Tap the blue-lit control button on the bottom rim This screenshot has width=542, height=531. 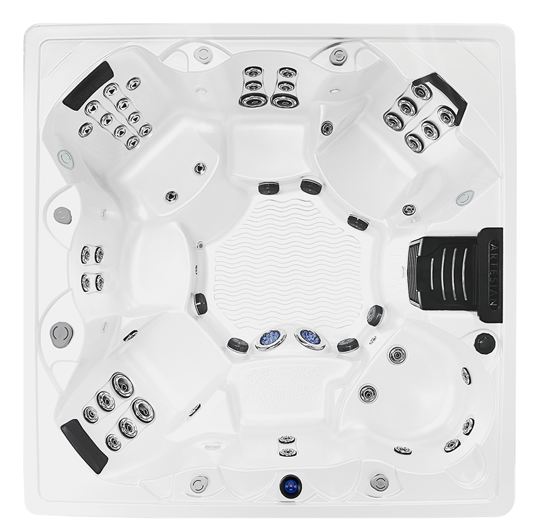pos(291,486)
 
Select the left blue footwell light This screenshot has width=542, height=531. pos(270,339)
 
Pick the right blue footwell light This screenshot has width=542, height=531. pos(310,339)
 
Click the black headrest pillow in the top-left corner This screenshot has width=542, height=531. pos(89,85)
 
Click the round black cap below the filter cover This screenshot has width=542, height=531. pos(485,343)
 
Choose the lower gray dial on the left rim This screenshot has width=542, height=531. pos(61,334)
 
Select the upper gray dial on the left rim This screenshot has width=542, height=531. pos(63,216)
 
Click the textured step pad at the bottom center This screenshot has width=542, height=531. pos(280,385)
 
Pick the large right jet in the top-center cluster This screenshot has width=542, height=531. pos(285,101)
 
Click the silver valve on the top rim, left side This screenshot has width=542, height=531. pos(202,55)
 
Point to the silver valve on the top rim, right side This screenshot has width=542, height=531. pos(338,56)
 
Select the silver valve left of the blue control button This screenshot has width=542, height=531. pos(199,483)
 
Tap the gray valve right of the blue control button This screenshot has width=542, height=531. pos(379,482)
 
